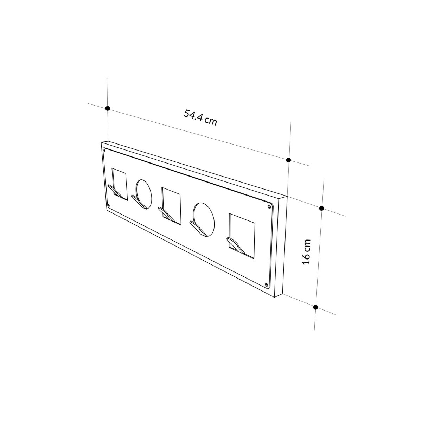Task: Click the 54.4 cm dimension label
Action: point(200,117)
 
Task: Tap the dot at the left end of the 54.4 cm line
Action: point(108,109)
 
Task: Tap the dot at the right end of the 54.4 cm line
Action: point(288,160)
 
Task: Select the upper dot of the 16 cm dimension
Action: point(321,208)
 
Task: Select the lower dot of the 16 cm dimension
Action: point(315,307)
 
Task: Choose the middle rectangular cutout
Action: point(172,203)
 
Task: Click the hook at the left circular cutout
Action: point(139,202)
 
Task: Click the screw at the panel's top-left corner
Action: point(104,150)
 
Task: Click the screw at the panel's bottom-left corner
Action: point(109,205)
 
